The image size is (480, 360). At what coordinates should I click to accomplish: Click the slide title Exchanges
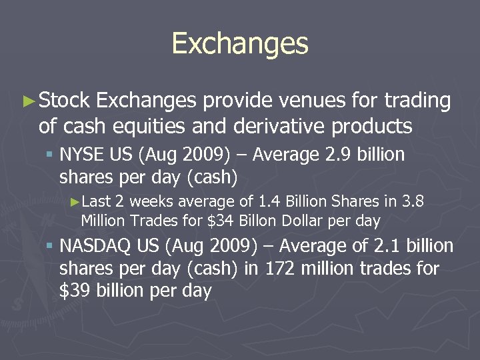click(240, 44)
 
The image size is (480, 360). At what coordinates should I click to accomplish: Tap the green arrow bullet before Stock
click(28, 101)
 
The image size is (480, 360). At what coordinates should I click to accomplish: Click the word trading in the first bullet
click(418, 101)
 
